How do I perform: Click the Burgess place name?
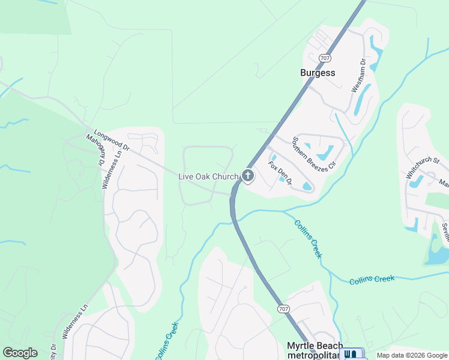(318, 73)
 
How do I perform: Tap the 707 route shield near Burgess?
(325, 58)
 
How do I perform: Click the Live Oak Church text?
(208, 176)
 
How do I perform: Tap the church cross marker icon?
(247, 176)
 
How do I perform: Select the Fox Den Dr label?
(280, 173)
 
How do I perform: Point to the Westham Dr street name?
(358, 75)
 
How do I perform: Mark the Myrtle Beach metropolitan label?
(315, 351)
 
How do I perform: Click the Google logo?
(20, 353)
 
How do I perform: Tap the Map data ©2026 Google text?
(412, 356)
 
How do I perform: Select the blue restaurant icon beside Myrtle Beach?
(351, 354)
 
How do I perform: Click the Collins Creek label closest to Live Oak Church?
(308, 239)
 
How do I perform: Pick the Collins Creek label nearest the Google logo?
(167, 341)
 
